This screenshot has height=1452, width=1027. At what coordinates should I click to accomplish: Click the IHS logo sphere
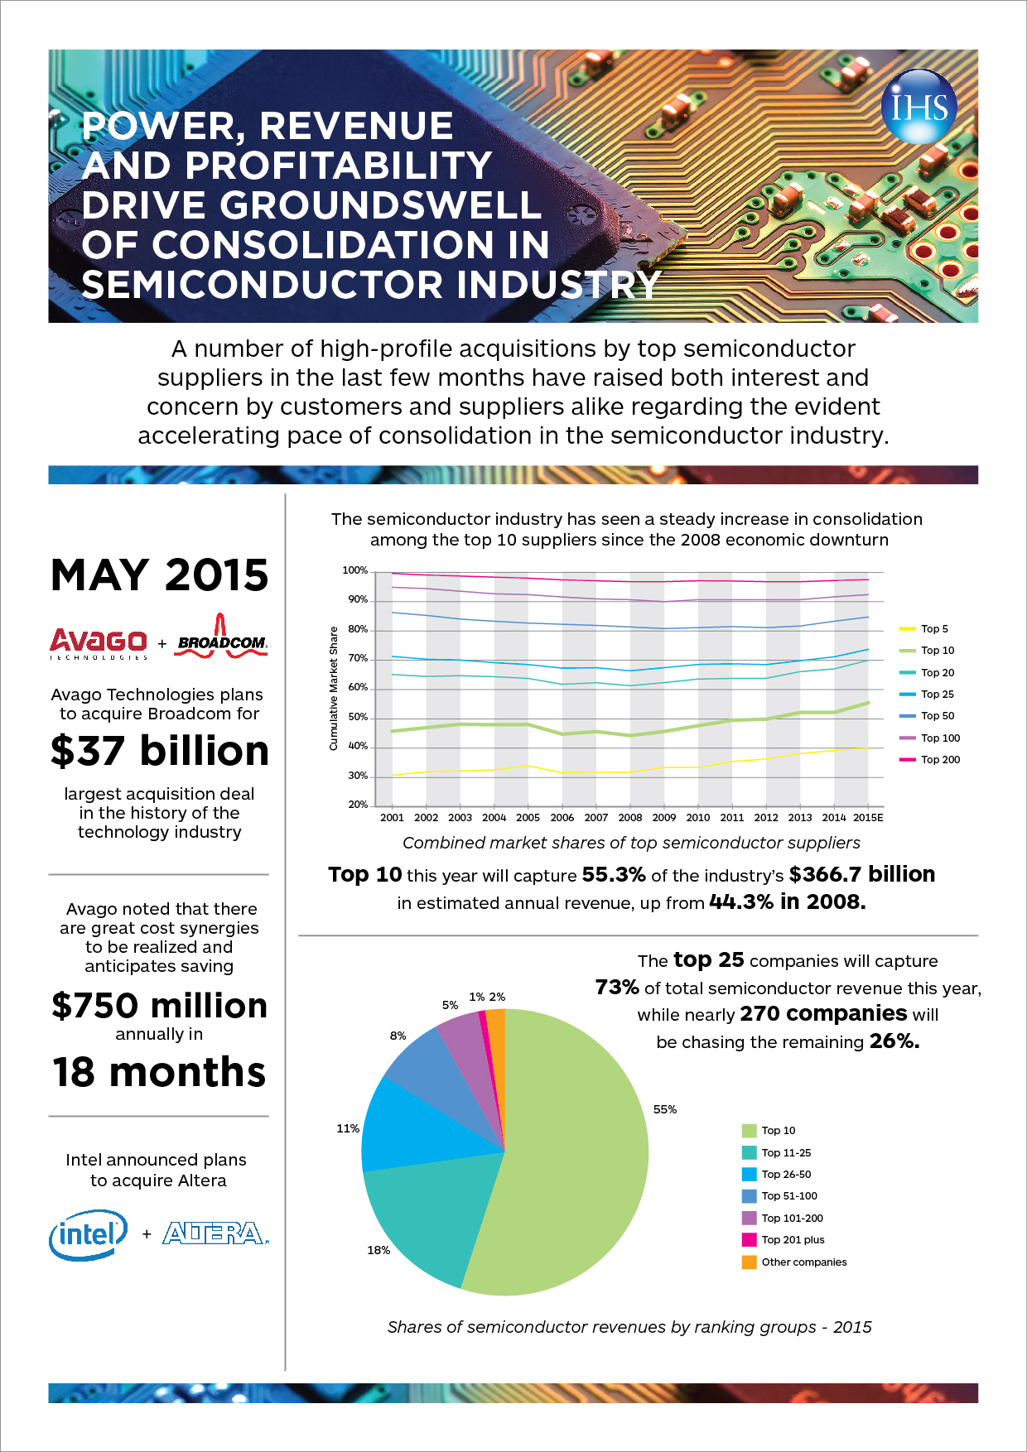(919, 107)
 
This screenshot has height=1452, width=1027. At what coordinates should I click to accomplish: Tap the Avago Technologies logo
(99, 643)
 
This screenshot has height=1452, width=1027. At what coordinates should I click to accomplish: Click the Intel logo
(88, 1235)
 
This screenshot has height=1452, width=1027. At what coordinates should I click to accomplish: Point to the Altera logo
(215, 1233)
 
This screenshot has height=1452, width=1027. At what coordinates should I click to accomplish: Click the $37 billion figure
(160, 751)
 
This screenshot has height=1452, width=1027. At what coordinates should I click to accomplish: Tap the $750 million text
(160, 1006)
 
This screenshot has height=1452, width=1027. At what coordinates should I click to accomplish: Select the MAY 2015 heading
(160, 575)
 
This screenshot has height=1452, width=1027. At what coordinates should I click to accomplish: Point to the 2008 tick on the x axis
(629, 817)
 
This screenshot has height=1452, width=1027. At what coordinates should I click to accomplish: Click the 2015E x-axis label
(868, 817)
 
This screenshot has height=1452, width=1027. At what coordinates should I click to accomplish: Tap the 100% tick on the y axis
(354, 570)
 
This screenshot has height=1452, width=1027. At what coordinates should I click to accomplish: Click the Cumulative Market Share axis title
(334, 689)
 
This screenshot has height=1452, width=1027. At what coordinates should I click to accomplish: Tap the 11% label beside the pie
(348, 1128)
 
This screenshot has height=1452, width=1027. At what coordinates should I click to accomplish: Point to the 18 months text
(160, 1072)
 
